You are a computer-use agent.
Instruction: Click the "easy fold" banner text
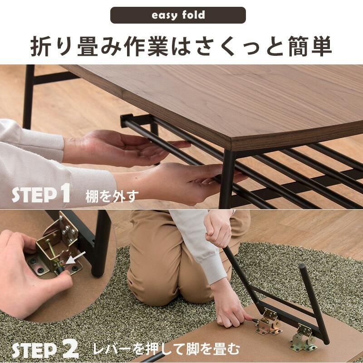178,15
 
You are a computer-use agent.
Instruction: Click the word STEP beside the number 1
34,196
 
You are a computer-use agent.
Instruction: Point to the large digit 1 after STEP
64,192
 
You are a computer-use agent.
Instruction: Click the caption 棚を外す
112,196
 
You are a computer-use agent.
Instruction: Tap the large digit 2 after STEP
71,350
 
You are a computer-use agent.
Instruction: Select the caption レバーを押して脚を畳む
167,349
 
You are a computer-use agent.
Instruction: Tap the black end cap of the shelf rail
127,120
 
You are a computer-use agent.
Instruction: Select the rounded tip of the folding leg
302,267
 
